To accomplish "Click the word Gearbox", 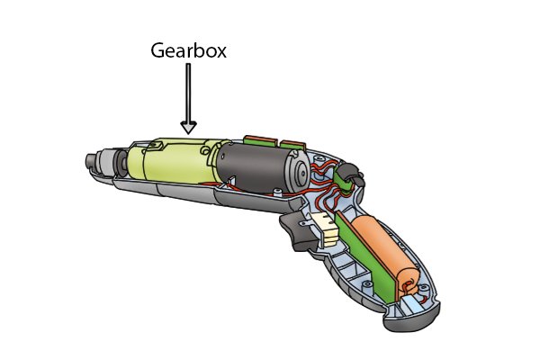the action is (188, 50).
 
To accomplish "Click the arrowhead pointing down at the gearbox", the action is (189, 127).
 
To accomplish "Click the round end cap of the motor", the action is (299, 171).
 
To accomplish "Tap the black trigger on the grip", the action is (299, 230).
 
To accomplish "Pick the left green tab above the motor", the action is (261, 140).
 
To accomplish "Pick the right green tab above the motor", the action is (292, 145).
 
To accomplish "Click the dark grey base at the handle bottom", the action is (413, 319).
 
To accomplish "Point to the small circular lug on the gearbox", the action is (205, 150).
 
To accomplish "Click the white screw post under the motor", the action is (277, 192).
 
